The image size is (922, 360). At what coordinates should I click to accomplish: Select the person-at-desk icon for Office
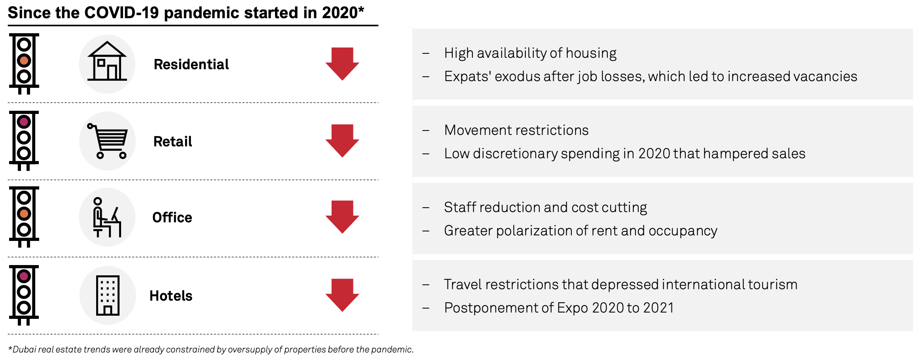[x=107, y=218]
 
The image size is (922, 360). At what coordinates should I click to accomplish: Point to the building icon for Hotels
[x=108, y=296]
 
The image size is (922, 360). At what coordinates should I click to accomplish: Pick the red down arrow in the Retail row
[x=342, y=140]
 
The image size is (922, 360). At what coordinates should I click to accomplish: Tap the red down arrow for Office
[x=342, y=216]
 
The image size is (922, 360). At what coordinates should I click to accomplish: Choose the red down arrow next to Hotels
[x=342, y=295]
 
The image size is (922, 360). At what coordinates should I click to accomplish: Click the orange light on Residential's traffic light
[x=24, y=61]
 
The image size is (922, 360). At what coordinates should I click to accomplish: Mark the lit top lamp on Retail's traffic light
[x=24, y=122]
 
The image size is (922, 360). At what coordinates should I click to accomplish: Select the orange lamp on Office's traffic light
[x=24, y=214]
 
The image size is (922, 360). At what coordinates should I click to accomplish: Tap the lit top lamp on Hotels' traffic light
[x=24, y=276]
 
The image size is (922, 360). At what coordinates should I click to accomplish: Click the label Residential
[x=191, y=64]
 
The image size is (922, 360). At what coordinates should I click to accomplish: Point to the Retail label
[x=173, y=142]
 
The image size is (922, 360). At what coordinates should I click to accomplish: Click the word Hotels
[x=171, y=296]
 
